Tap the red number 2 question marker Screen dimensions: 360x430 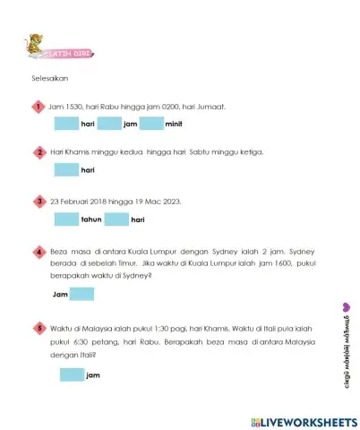tap(39, 153)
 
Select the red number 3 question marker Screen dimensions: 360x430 tap(39, 202)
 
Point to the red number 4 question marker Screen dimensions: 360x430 tap(39, 253)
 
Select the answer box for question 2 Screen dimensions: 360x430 tap(67, 170)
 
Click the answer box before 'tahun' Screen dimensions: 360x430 tap(67, 219)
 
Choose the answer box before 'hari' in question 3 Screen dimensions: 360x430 tap(116, 219)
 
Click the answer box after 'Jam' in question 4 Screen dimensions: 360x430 tap(81, 294)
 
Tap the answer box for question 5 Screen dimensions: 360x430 tap(72, 374)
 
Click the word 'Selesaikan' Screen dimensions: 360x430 tap(49, 78)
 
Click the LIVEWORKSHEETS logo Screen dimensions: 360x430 tap(299, 420)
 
